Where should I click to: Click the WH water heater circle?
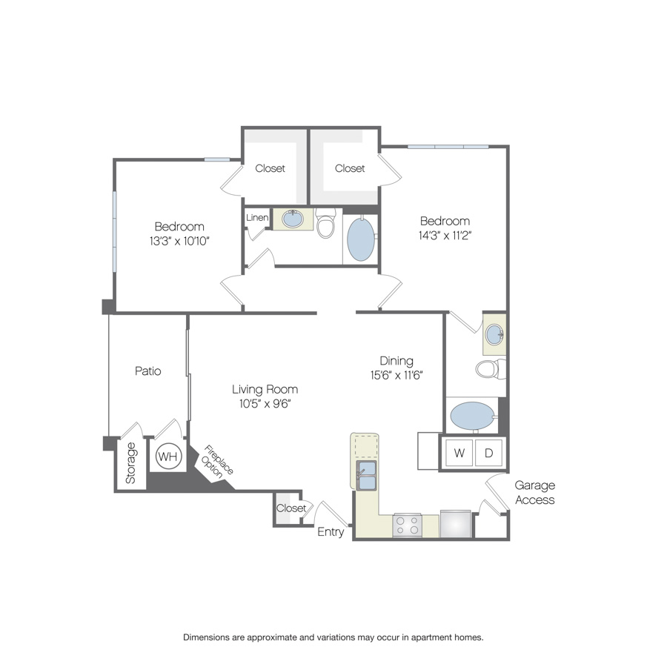(167, 456)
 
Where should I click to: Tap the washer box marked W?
(459, 453)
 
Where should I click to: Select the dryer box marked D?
(488, 453)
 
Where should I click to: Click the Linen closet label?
(257, 217)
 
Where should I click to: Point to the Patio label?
(148, 371)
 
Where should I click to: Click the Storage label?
(130, 462)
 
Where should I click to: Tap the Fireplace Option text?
(216, 462)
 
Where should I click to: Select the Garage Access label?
(534, 493)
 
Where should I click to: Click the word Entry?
(331, 531)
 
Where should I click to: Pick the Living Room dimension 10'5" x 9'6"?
(265, 404)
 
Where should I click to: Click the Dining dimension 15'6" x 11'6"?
(396, 375)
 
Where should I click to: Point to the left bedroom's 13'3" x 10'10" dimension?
(179, 241)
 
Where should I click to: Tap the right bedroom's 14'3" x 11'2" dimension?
(445, 236)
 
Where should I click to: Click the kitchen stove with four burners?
(407, 525)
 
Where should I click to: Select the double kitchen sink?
(366, 475)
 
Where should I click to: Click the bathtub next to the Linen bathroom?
(361, 239)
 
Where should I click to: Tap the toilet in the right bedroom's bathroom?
(491, 369)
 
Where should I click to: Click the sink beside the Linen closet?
(293, 219)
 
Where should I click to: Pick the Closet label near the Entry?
(291, 508)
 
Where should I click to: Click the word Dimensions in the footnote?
(206, 637)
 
